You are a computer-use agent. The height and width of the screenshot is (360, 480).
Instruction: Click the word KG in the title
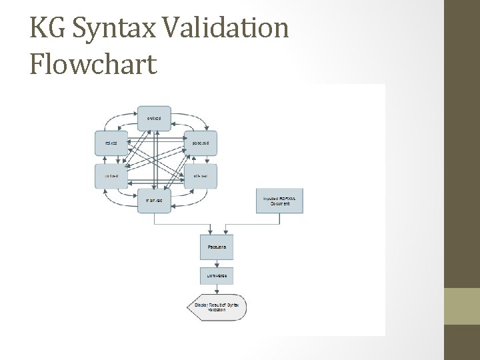[49, 29]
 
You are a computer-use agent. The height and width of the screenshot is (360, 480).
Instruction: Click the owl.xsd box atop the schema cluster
[154, 118]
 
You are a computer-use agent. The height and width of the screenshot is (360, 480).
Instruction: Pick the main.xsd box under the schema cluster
[154, 200]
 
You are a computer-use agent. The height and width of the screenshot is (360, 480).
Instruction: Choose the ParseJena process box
[217, 247]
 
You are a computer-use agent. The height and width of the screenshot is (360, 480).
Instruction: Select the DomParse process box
[217, 276]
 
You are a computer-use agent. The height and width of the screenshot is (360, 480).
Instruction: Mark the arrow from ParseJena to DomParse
[217, 263]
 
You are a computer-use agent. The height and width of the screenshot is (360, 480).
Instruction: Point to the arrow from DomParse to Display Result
[217, 291]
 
